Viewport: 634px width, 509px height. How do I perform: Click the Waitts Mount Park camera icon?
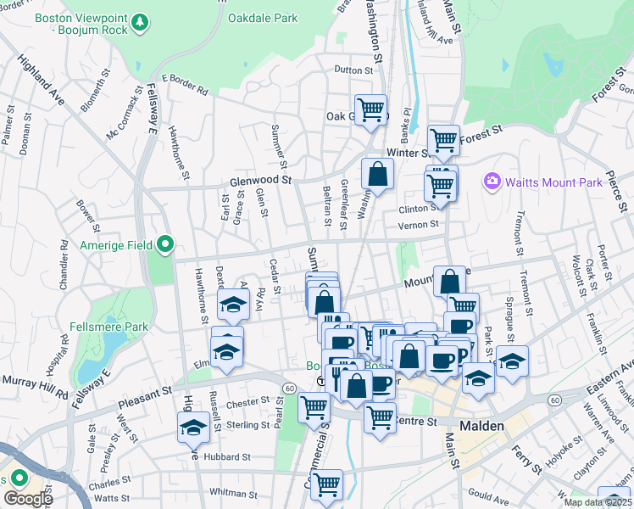click(491, 182)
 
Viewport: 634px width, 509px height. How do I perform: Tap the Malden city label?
click(482, 426)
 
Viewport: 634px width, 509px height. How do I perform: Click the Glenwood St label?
click(260, 180)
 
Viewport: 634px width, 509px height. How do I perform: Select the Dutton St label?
click(353, 70)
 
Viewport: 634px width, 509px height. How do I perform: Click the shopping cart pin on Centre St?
click(380, 417)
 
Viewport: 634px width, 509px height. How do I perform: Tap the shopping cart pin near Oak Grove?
click(370, 109)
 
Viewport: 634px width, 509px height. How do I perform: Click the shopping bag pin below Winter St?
click(377, 173)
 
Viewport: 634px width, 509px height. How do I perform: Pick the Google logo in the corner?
click(28, 499)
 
